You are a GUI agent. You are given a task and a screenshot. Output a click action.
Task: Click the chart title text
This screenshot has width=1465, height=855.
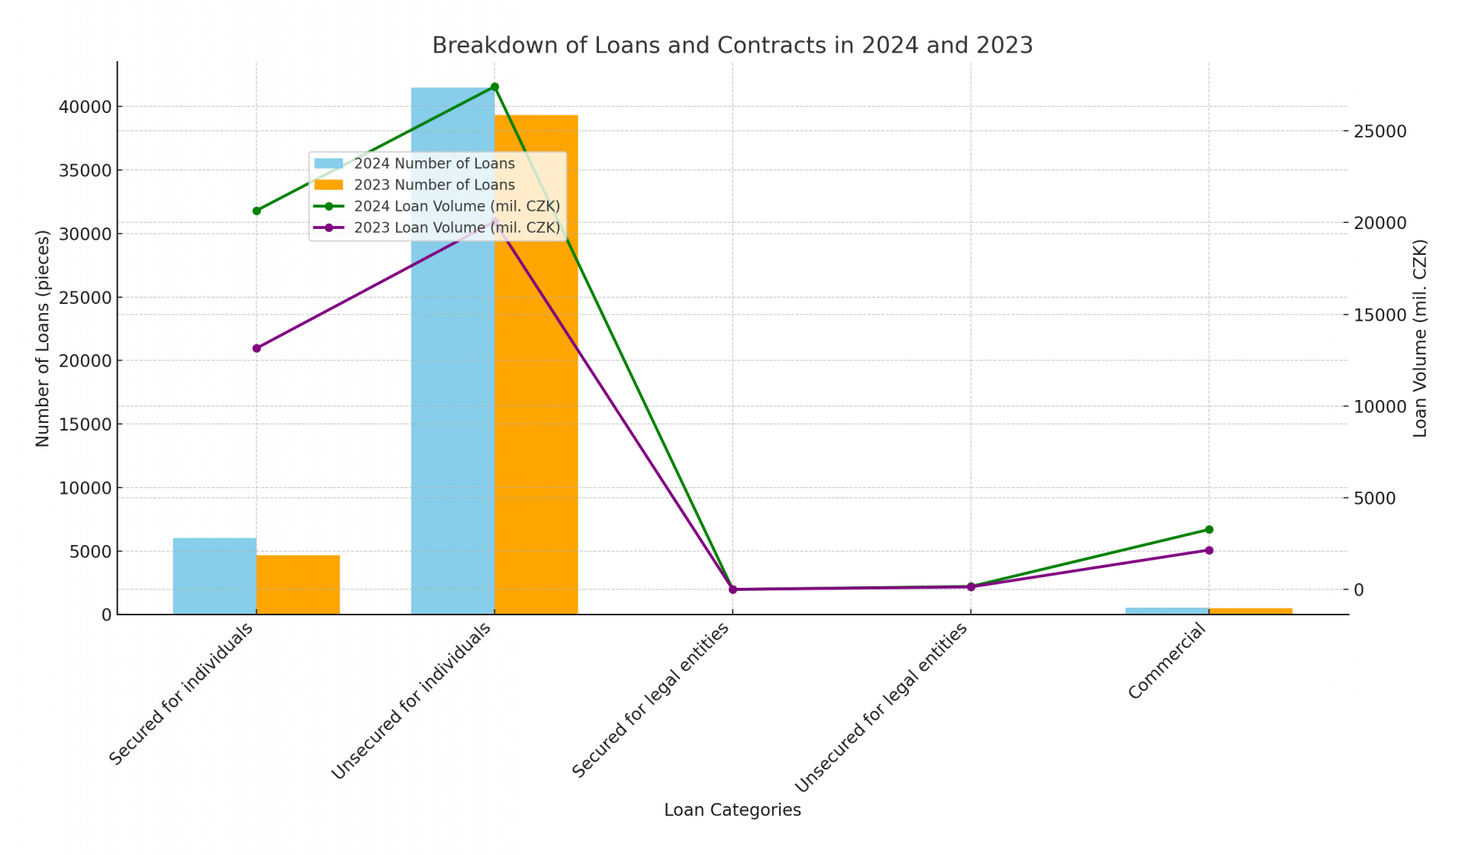click(732, 46)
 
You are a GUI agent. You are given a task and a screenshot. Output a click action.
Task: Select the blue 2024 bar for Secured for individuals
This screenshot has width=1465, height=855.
click(214, 576)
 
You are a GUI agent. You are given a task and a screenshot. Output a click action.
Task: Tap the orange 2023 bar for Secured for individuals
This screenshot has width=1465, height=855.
click(298, 585)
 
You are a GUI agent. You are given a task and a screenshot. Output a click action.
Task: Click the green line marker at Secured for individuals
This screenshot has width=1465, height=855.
click(256, 211)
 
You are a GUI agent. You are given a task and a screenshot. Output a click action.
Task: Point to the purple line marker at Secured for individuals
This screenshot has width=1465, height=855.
click(256, 348)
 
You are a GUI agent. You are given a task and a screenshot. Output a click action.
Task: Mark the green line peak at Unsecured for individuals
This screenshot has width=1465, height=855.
click(494, 87)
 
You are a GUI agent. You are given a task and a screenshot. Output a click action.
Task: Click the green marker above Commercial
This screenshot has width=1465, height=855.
click(1209, 530)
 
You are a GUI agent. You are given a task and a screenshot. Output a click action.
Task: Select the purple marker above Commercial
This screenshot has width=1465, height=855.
click(1209, 550)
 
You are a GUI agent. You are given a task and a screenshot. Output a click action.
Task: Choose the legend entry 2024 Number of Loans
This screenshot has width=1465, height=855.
click(433, 163)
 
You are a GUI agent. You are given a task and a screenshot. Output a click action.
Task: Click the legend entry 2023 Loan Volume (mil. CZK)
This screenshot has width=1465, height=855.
click(456, 227)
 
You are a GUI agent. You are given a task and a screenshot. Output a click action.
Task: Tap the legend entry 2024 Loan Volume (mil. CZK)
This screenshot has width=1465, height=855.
click(456, 206)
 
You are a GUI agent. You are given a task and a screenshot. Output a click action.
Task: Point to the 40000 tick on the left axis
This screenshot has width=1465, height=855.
click(85, 107)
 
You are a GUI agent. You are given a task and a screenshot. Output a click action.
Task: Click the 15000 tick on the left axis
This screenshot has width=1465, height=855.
click(85, 424)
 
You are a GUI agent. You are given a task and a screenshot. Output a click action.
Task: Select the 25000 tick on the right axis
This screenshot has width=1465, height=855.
click(1380, 131)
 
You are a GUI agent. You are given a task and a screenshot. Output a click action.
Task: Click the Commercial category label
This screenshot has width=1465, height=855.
click(1167, 661)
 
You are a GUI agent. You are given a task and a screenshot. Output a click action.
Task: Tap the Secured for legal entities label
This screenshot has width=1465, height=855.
click(651, 701)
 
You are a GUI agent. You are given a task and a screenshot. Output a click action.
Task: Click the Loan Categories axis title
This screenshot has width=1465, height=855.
click(732, 810)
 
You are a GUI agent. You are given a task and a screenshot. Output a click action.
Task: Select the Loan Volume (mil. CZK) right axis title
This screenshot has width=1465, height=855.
click(1419, 338)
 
